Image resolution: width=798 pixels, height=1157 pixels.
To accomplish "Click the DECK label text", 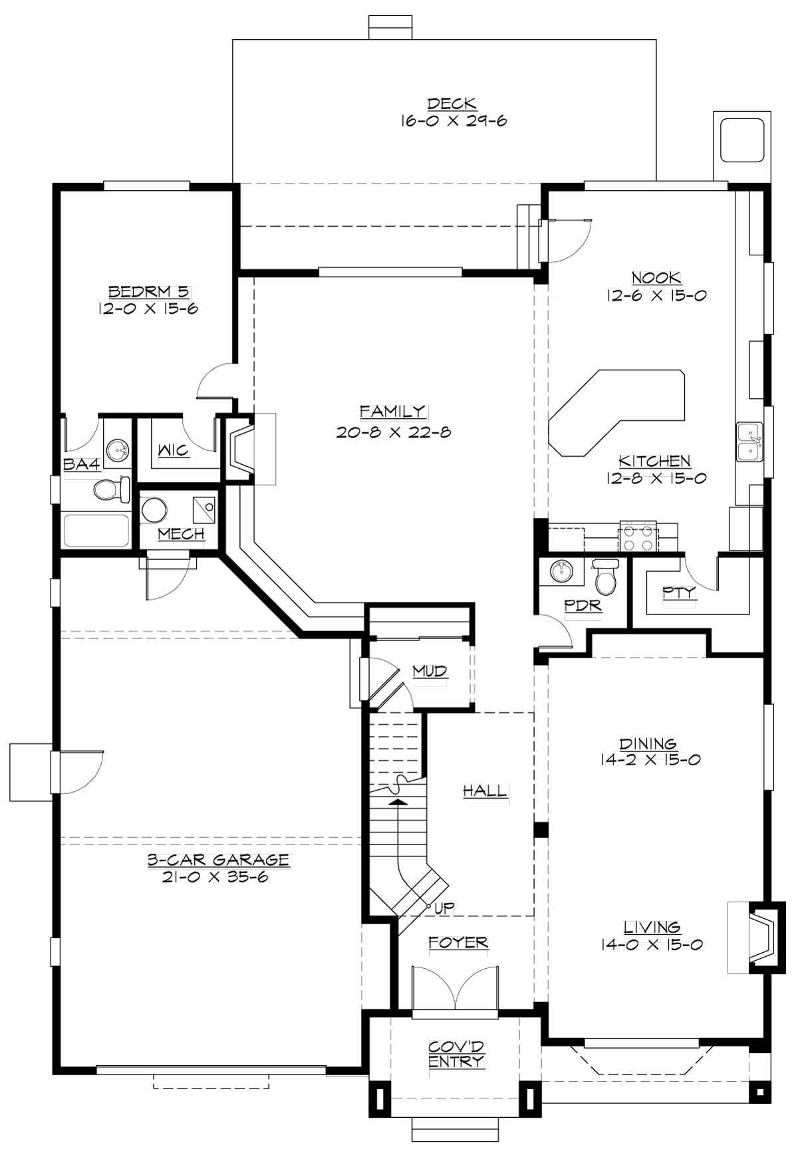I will click(x=452, y=104).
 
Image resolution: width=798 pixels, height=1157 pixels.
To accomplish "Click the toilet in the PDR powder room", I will click(x=605, y=577).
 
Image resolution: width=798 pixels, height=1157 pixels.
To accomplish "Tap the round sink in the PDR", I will click(x=561, y=571).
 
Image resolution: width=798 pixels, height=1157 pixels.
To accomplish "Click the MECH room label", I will click(x=181, y=534).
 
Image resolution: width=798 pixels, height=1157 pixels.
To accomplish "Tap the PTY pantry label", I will click(x=679, y=592).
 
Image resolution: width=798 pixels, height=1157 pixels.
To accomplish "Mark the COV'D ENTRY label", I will click(x=456, y=1054).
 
